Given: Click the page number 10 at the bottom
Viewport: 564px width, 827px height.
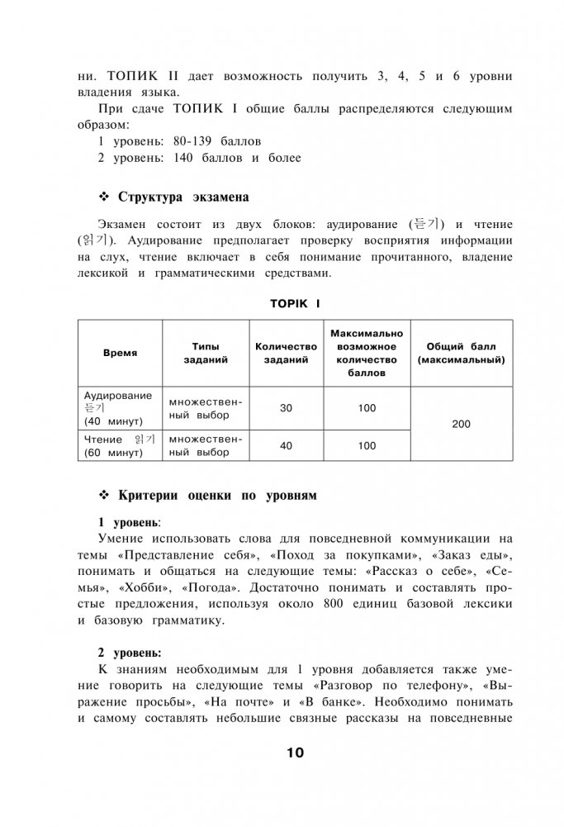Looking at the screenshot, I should pyautogui.click(x=296, y=753).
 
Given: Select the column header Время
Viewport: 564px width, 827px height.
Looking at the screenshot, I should pyautogui.click(x=120, y=353).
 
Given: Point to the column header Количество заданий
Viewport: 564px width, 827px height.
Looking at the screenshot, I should pyautogui.click(x=287, y=353).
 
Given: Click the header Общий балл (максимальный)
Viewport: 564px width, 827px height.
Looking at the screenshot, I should pyautogui.click(x=462, y=353).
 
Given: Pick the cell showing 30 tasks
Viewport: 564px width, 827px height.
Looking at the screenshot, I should pyautogui.click(x=287, y=408).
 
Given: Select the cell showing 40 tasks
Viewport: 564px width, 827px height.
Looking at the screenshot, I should pyautogui.click(x=287, y=446).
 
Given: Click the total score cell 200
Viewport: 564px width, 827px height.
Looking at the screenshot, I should pyautogui.click(x=462, y=424).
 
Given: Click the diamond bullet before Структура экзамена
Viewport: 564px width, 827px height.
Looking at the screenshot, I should pyautogui.click(x=104, y=197).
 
